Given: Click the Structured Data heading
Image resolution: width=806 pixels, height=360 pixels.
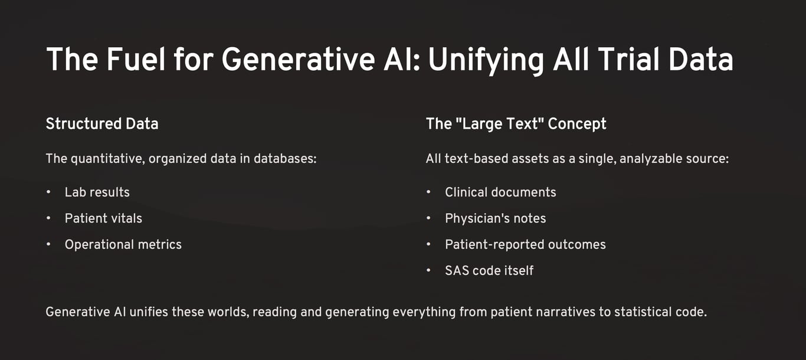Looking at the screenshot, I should [102, 124].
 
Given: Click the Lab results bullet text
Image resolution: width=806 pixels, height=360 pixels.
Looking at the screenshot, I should [97, 192].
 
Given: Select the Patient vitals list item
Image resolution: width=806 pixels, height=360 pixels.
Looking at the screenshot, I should [103, 218].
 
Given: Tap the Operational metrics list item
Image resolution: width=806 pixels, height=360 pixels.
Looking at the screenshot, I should [123, 244].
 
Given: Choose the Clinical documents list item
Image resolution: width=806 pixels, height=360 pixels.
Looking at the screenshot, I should [500, 192].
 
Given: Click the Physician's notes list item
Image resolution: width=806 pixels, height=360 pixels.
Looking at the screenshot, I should [496, 218].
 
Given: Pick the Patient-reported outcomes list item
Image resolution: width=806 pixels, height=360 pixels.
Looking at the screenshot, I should [525, 244].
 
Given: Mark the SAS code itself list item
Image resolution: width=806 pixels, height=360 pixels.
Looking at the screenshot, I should [489, 270].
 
